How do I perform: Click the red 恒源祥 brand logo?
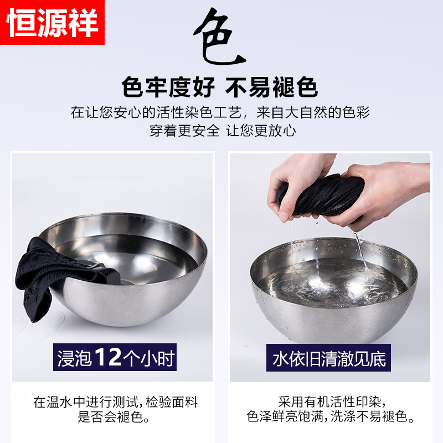point(52,22)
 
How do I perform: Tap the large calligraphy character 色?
point(219,36)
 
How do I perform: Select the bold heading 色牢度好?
point(168,87)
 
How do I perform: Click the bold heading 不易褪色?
point(272,87)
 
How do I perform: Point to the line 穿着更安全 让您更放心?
point(223,131)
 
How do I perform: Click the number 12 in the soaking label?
point(108,357)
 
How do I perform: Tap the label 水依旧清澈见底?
point(329,358)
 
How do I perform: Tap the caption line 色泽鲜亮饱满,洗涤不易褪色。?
point(331,416)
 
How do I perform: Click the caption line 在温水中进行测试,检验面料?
point(115,402)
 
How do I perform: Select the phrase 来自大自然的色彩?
point(313,112)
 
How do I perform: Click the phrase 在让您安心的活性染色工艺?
point(156,112)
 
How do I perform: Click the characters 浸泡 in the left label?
point(75,358)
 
